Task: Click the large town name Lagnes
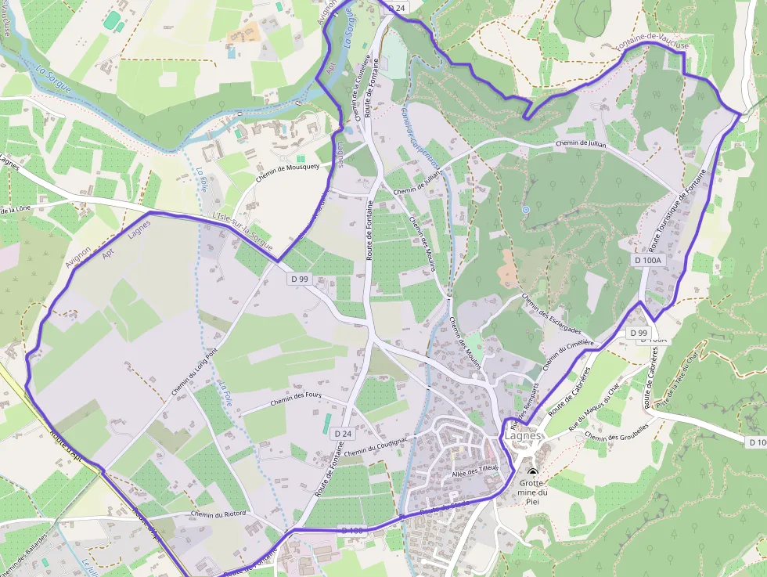click(523, 437)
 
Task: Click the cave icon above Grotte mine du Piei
click(533, 473)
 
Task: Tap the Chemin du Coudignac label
click(376, 446)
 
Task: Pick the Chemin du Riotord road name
click(218, 514)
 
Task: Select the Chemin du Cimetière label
click(568, 355)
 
